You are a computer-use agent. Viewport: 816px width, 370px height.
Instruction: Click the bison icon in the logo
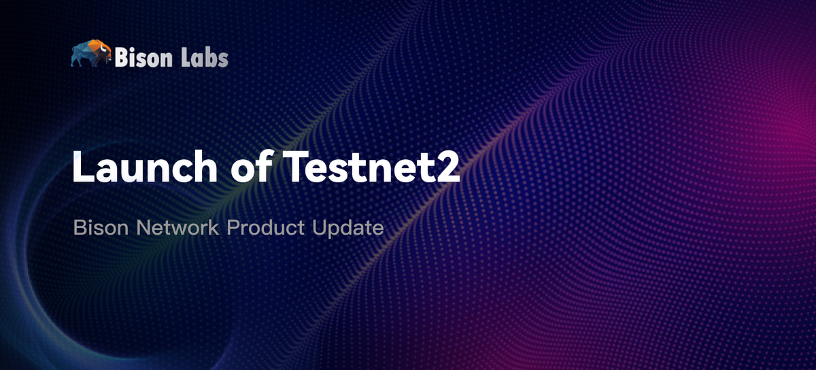[x=90, y=54]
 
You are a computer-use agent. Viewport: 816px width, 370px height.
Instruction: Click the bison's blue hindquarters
[x=78, y=54]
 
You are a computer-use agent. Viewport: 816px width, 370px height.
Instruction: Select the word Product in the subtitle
[x=266, y=228]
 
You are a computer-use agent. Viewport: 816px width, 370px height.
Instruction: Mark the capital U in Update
[x=319, y=228]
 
